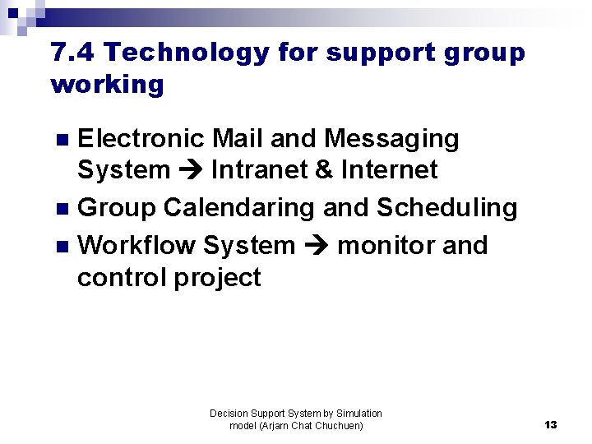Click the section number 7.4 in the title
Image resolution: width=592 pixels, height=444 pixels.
click(x=73, y=53)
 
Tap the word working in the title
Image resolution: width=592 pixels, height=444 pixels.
click(x=108, y=85)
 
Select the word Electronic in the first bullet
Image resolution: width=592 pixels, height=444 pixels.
click(x=140, y=139)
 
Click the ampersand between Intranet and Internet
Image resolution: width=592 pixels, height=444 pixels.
click(x=324, y=170)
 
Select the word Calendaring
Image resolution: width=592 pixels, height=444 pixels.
click(x=239, y=209)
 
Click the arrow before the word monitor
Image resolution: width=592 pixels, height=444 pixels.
click(x=316, y=247)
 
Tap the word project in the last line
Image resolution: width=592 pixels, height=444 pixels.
click(x=217, y=278)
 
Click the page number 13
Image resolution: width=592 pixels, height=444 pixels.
click(x=550, y=425)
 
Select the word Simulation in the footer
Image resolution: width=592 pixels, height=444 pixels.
click(x=358, y=414)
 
